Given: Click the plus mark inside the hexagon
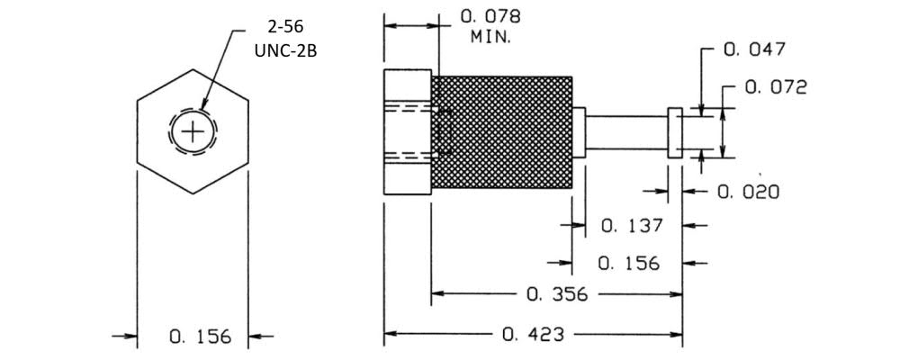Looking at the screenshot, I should tap(193, 132).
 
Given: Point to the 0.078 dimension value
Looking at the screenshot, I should tap(490, 16).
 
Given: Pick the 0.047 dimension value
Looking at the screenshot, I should tap(755, 49).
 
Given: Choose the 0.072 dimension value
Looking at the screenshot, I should tap(776, 87).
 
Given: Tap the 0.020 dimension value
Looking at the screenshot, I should tap(749, 192).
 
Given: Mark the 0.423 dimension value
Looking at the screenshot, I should tap(534, 335).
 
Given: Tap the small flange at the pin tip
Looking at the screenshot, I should tap(673, 134).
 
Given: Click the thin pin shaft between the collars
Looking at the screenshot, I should tap(626, 132).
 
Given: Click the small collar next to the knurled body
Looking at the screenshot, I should tap(579, 132).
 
